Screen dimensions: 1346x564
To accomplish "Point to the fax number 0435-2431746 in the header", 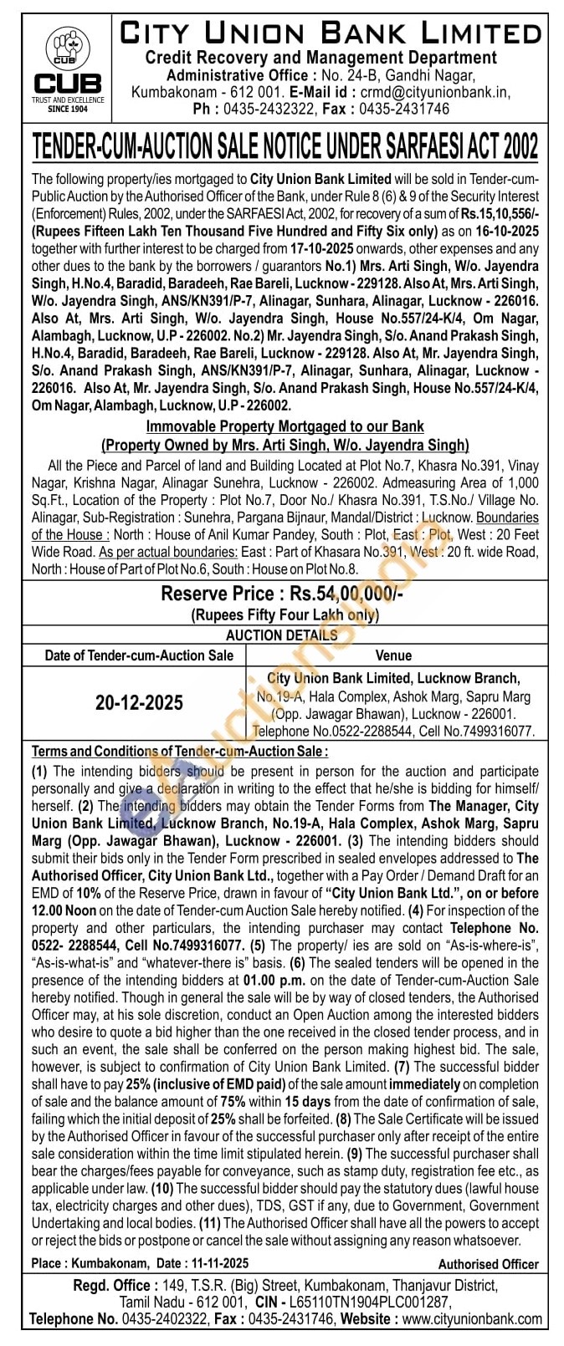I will pos(404,109).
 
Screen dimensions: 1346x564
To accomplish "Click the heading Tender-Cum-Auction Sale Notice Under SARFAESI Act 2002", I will pos(285,147).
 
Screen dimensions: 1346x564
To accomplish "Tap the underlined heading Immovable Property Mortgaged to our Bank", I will pos(285,426).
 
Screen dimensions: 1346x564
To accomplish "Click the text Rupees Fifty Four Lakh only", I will pos(285,615).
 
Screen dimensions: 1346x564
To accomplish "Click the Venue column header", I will pos(393,655).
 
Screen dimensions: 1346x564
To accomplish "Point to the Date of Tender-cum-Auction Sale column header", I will pos(139,655).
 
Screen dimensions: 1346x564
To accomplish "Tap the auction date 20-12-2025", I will pos(139,702).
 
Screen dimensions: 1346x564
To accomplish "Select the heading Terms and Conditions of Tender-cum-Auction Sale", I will pos(180,752).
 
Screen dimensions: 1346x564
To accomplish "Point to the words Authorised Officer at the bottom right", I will pos(488,1264).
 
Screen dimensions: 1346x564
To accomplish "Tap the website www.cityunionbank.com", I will pos(472,1318).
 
